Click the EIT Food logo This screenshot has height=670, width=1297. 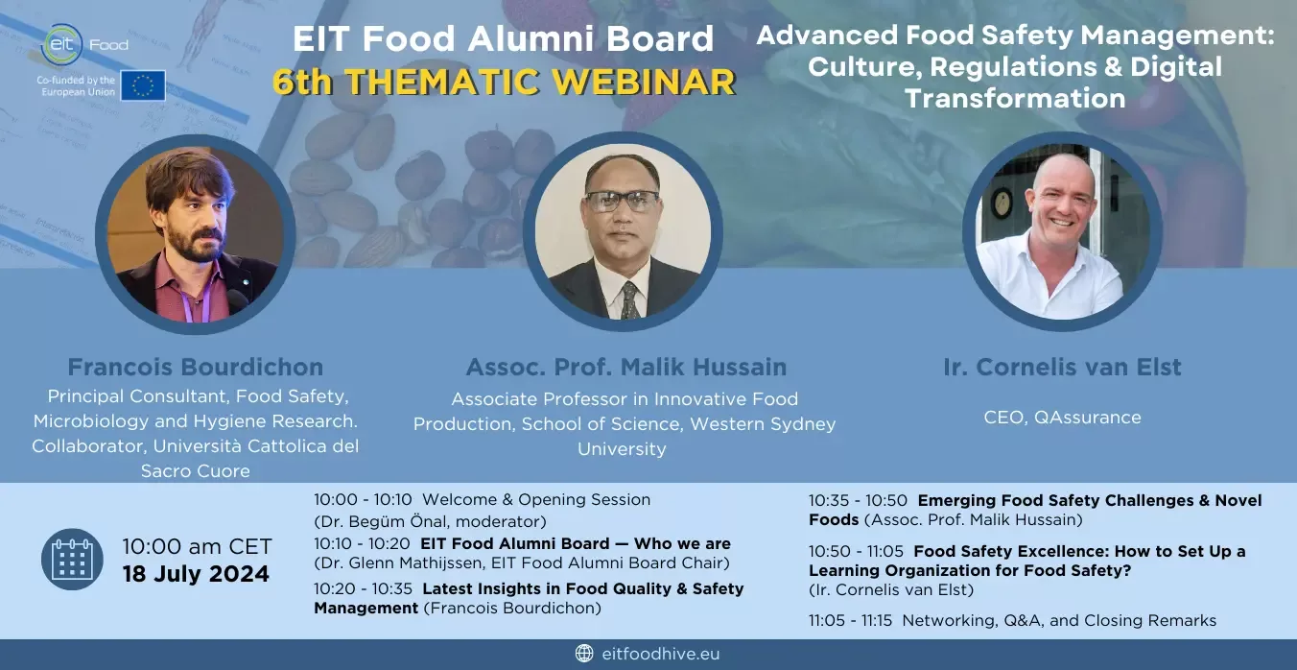coord(85,44)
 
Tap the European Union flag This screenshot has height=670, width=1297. coord(143,85)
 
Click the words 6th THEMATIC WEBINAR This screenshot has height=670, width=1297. coord(504,82)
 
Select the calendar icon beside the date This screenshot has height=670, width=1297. coord(72,560)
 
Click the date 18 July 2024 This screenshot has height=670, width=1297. coord(196,574)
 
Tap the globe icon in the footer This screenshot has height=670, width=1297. coord(584,653)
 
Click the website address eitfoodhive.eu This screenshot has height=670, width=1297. coord(661,654)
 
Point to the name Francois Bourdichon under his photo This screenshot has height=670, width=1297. coord(196,367)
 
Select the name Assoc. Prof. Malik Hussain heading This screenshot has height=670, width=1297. coord(626,367)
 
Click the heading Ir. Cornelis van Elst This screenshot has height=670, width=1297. coord(1063,367)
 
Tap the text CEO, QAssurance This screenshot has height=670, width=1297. coord(1063,418)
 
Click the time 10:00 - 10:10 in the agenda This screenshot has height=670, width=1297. coord(363,499)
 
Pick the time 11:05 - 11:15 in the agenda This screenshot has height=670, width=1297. coord(851,621)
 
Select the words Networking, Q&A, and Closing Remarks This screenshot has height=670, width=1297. coord(1059,621)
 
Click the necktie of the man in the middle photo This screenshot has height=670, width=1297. coord(630,300)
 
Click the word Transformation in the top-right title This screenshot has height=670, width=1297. coord(1015,98)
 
